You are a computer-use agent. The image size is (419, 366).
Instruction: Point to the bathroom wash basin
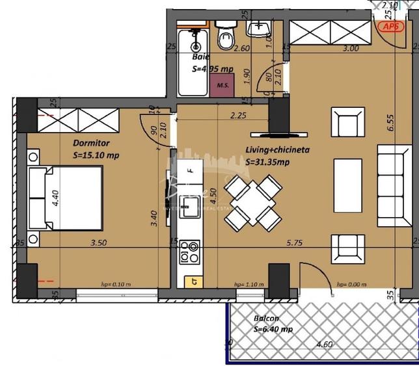(x=260, y=29)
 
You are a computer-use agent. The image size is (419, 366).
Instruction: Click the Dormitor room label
(x=91, y=143)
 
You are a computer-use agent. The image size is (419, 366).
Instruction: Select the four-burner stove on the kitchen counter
(x=190, y=252)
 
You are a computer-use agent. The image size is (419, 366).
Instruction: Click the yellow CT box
(x=193, y=281)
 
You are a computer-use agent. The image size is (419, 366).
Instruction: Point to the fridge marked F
(x=189, y=171)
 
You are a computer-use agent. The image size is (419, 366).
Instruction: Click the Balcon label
(x=267, y=319)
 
